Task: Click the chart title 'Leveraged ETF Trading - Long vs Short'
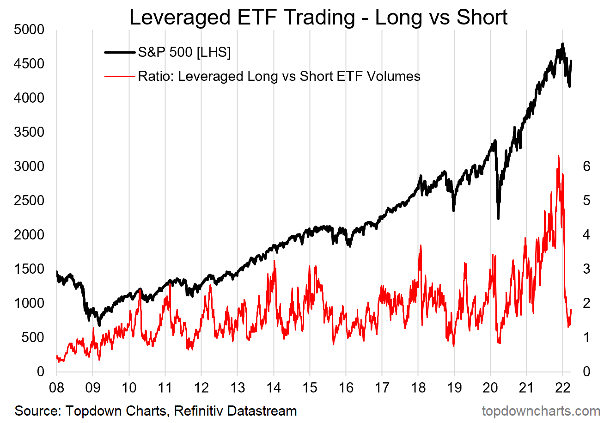point(318,18)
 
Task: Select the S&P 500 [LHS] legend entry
point(184,52)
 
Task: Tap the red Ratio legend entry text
point(279,76)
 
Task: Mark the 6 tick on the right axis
point(586,166)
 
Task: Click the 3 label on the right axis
point(586,269)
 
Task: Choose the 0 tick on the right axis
point(586,372)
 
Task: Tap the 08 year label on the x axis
point(57,387)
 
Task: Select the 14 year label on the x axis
point(274,387)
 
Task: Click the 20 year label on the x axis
point(490,387)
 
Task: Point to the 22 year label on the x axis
point(562,387)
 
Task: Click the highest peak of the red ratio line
point(559,156)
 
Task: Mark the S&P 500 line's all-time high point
point(562,44)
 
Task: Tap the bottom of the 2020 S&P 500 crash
point(498,219)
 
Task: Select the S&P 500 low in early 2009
point(99,325)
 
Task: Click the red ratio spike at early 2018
point(421,245)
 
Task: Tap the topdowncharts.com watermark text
point(541,411)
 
